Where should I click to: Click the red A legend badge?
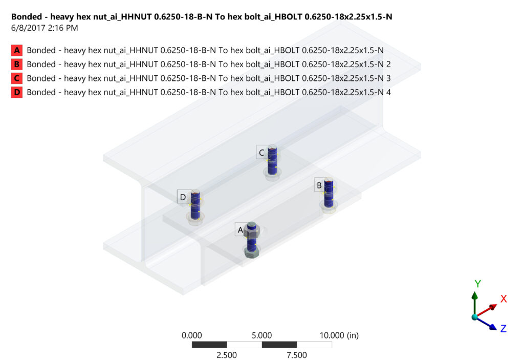point(17,50)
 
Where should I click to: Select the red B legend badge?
point(17,64)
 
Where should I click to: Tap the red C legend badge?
point(17,78)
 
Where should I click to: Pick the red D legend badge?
point(17,92)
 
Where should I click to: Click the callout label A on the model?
point(240,230)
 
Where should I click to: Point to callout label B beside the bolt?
point(319,185)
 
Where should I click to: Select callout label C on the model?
point(261,152)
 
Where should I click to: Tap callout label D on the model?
point(183,197)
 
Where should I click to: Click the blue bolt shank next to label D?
point(195,205)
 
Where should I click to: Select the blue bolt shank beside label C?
point(272,159)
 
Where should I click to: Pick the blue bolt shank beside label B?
point(329,192)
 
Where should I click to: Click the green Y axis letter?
point(477,284)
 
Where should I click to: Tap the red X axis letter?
point(503,299)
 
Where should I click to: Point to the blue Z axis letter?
point(503,328)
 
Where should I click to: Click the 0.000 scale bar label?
point(192,335)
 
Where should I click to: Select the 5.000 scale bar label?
point(261,335)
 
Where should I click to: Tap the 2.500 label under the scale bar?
point(227,355)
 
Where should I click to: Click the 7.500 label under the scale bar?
point(297,355)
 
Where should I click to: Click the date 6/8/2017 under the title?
point(30,28)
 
